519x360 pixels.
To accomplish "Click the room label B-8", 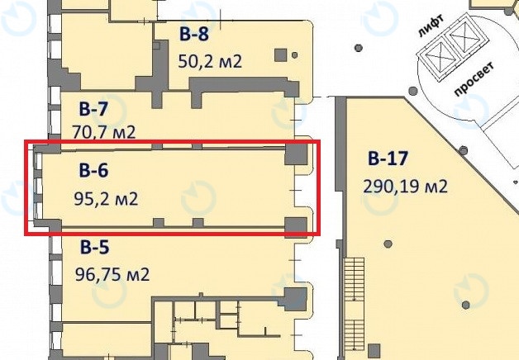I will click(193, 34).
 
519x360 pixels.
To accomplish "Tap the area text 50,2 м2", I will click(210, 61).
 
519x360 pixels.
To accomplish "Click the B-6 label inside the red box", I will click(93, 171).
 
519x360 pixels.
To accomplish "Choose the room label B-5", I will click(95, 246).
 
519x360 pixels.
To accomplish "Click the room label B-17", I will click(388, 158).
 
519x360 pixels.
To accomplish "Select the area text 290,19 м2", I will click(405, 186).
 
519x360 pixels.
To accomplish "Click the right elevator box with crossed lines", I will click(459, 39).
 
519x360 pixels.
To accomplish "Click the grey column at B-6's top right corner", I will click(294, 154).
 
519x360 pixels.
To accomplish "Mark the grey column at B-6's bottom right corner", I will click(294, 225).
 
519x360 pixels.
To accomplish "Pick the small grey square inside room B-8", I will click(280, 54).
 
